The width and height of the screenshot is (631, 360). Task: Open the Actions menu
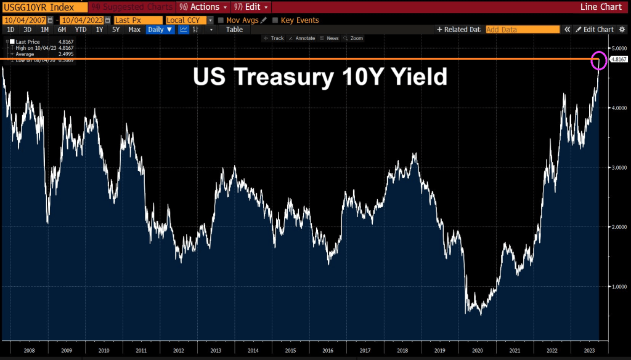(203, 7)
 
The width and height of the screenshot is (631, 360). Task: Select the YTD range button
(81, 30)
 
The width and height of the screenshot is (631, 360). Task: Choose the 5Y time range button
(115, 30)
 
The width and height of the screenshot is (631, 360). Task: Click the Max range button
(134, 30)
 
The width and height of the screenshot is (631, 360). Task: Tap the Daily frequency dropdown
(160, 30)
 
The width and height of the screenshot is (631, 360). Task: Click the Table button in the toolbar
(234, 30)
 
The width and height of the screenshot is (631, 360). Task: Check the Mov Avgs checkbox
(221, 20)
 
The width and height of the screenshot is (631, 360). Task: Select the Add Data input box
(522, 30)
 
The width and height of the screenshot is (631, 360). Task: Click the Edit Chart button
(595, 30)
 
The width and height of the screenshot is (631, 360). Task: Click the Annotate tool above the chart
(303, 38)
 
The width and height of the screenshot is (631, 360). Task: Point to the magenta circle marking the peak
(599, 60)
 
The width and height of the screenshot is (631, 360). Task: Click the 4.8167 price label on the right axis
(619, 59)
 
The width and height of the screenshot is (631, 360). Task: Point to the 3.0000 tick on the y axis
(619, 167)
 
